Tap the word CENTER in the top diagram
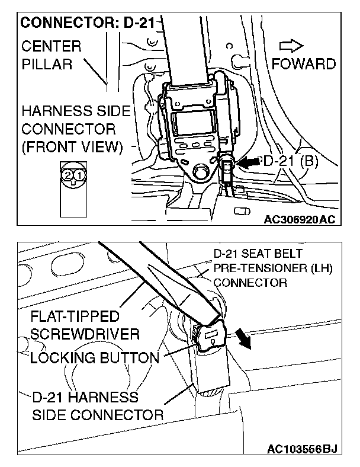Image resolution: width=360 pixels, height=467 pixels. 52,46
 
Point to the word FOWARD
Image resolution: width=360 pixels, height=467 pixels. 304,63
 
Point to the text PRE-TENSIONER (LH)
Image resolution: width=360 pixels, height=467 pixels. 273,269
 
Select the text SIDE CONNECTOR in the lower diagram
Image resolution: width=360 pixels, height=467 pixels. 98,414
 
